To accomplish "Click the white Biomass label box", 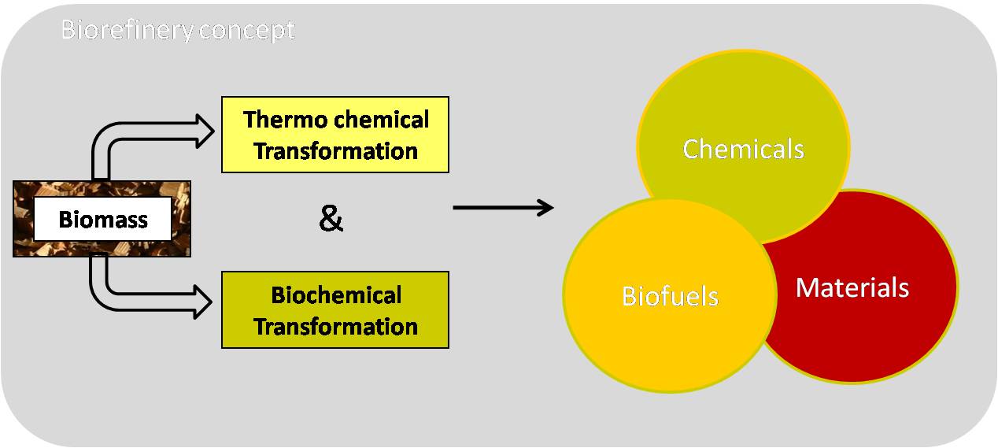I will tap(102, 218).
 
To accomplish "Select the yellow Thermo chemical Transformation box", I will tap(335, 135).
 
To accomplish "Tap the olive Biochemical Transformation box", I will tap(335, 310).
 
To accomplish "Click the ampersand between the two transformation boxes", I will tap(331, 220).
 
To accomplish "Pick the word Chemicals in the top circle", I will tap(743, 149).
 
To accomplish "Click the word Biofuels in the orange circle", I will tap(670, 296).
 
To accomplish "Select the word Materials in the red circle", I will tap(852, 287).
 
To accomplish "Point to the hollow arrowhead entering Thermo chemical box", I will tap(204, 131).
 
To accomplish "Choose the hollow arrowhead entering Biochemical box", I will tap(204, 301).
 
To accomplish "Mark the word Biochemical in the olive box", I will tap(336, 295).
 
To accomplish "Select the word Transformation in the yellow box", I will tap(335, 150).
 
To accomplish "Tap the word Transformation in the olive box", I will tap(335, 326).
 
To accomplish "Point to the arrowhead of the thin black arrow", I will tap(545, 208).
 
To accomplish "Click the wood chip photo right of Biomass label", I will tap(181, 218).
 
